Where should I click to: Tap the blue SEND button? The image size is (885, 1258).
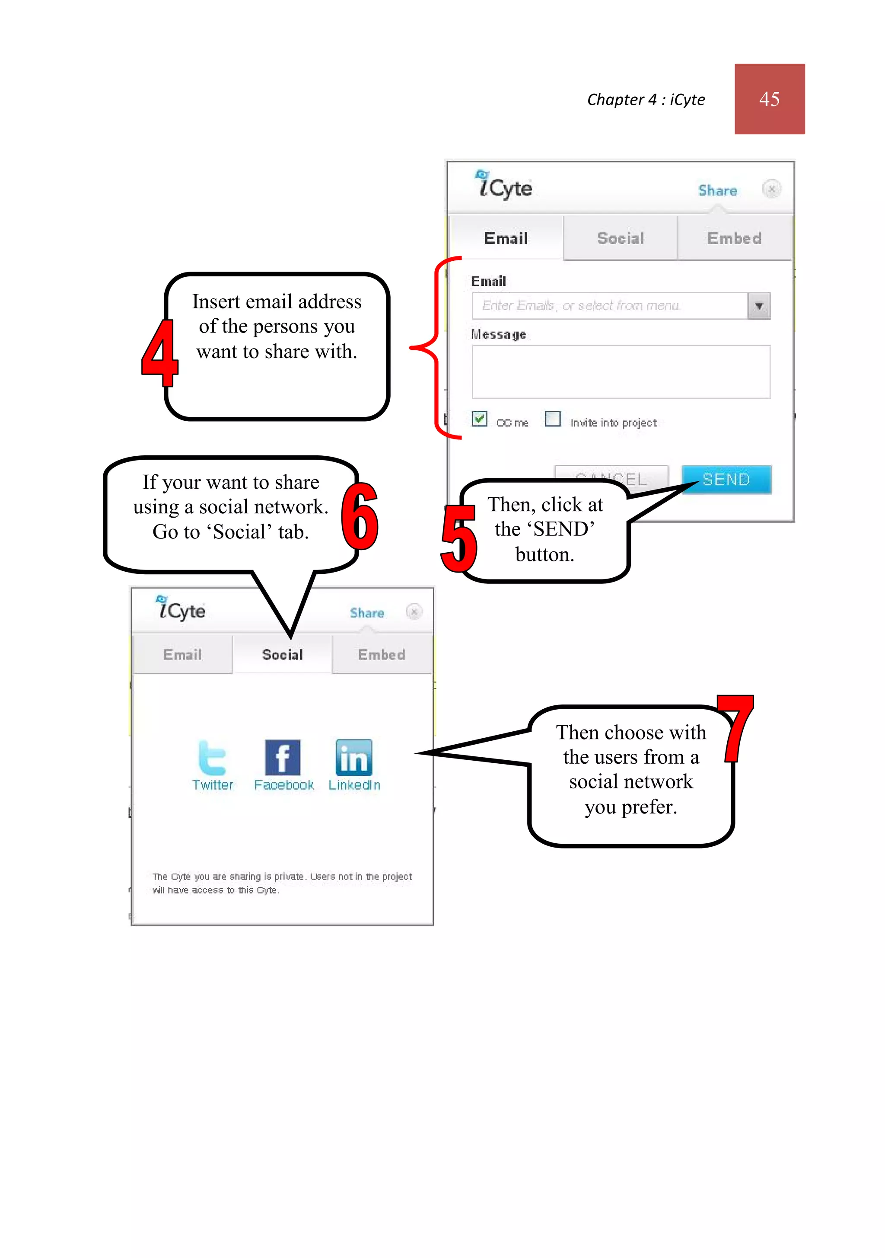pyautogui.click(x=726, y=480)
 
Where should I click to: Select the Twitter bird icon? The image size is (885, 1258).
pyautogui.click(x=212, y=757)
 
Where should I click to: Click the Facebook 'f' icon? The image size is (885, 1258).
pyautogui.click(x=283, y=757)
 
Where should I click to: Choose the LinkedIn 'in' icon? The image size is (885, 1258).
pyautogui.click(x=354, y=757)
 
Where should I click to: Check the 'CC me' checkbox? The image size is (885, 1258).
pyautogui.click(x=479, y=419)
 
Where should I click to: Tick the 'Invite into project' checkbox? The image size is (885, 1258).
pyautogui.click(x=553, y=419)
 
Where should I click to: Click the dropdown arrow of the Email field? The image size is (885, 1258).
pyautogui.click(x=758, y=306)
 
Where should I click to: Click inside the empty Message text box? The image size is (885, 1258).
pyautogui.click(x=621, y=372)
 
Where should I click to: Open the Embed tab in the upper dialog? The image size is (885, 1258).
pyautogui.click(x=734, y=238)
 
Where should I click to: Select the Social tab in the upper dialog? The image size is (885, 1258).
pyautogui.click(x=620, y=238)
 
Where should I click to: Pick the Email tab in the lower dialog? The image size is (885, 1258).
pyautogui.click(x=182, y=655)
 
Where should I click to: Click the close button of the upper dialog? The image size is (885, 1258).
pyautogui.click(x=771, y=189)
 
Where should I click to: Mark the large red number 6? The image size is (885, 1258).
pyautogui.click(x=359, y=516)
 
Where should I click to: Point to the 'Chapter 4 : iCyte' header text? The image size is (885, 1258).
pyautogui.click(x=646, y=100)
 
